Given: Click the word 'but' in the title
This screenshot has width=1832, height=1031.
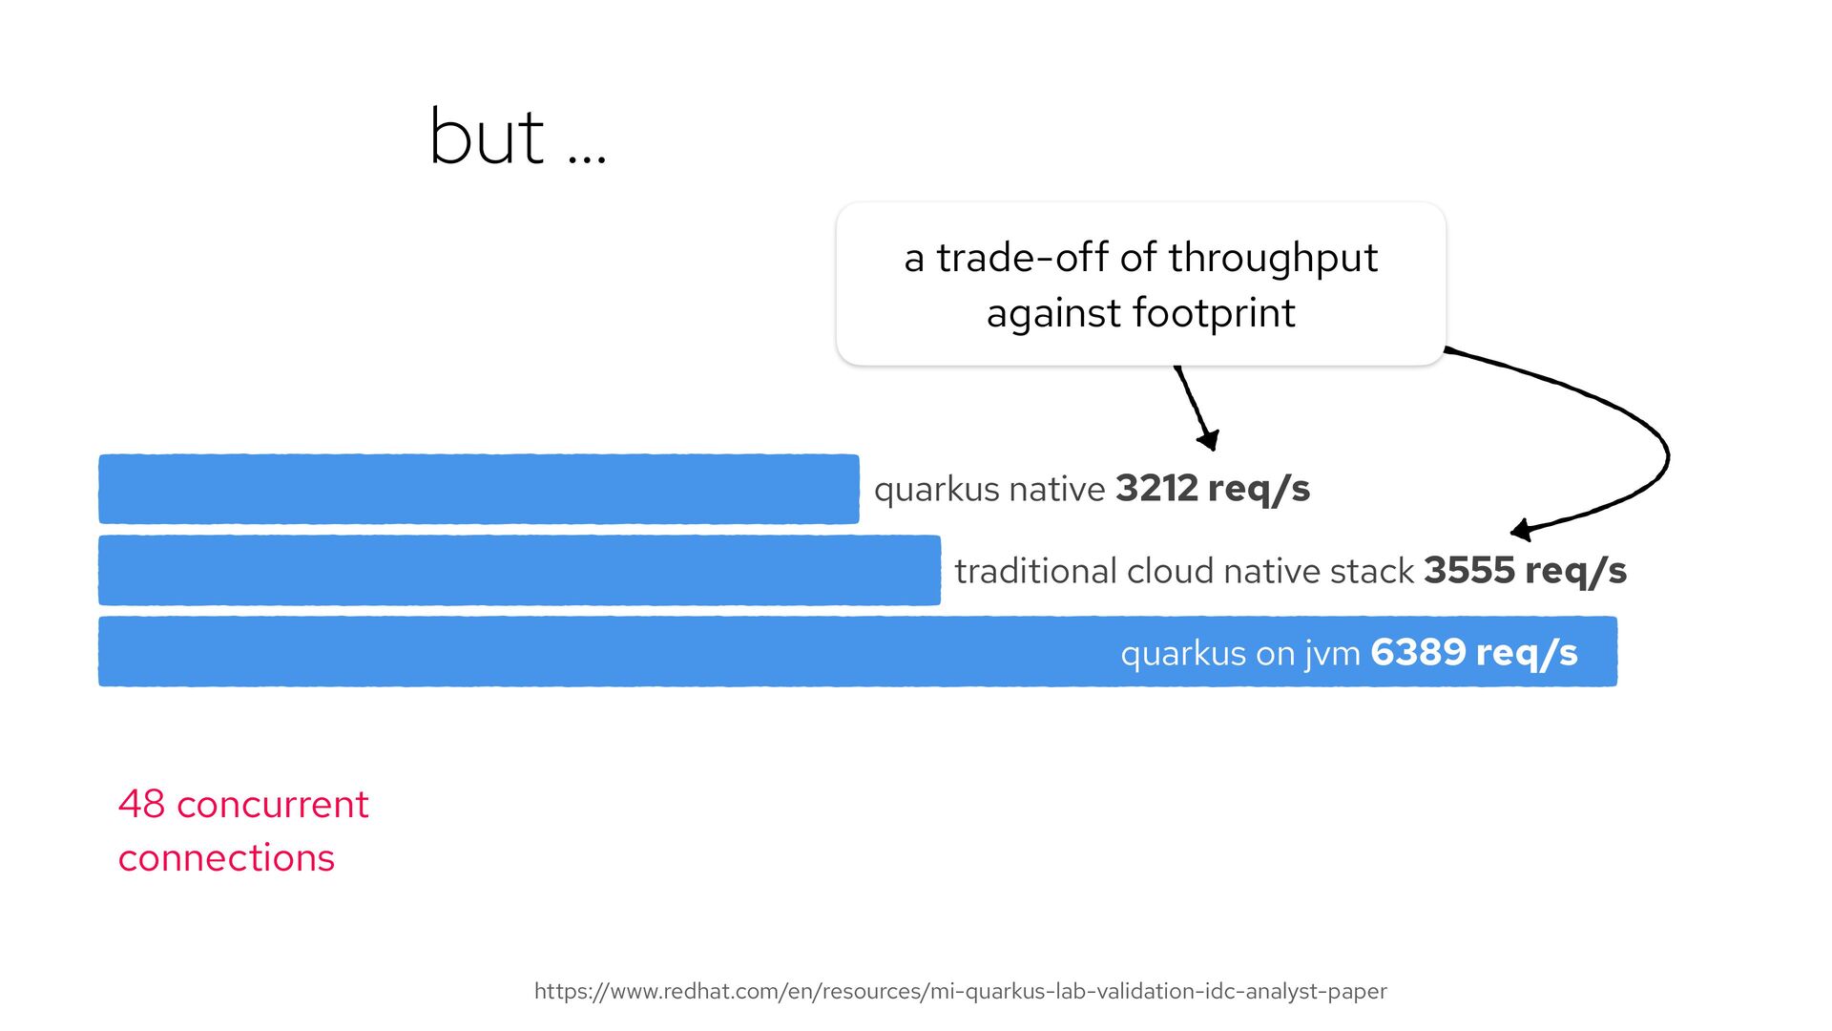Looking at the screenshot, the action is pos(487,137).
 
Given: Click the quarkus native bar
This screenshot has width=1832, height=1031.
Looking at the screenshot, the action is pos(479,489).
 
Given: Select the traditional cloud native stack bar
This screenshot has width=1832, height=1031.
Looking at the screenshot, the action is pos(519,570).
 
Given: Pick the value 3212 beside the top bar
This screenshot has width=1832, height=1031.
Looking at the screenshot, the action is pos(1156,488).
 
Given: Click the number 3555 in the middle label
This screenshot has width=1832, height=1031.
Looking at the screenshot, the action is pos(1469,570).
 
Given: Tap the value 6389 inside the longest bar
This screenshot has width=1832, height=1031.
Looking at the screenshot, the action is pos(1418,652).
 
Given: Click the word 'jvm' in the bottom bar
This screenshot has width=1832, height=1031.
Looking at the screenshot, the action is pos(1333,654).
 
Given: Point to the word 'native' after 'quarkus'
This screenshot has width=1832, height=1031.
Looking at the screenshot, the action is pos(1056,489).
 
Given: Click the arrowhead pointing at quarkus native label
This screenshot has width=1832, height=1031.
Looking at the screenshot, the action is pos(1209,439).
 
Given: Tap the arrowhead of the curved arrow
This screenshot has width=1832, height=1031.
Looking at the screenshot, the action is pos(1522,530).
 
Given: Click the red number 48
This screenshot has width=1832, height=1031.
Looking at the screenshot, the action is pos(142,805).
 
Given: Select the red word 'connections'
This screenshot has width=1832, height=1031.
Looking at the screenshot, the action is pos(226,858).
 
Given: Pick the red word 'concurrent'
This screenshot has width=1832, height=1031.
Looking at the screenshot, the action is pos(273,805).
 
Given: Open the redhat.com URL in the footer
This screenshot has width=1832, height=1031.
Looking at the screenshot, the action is pos(961,991).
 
